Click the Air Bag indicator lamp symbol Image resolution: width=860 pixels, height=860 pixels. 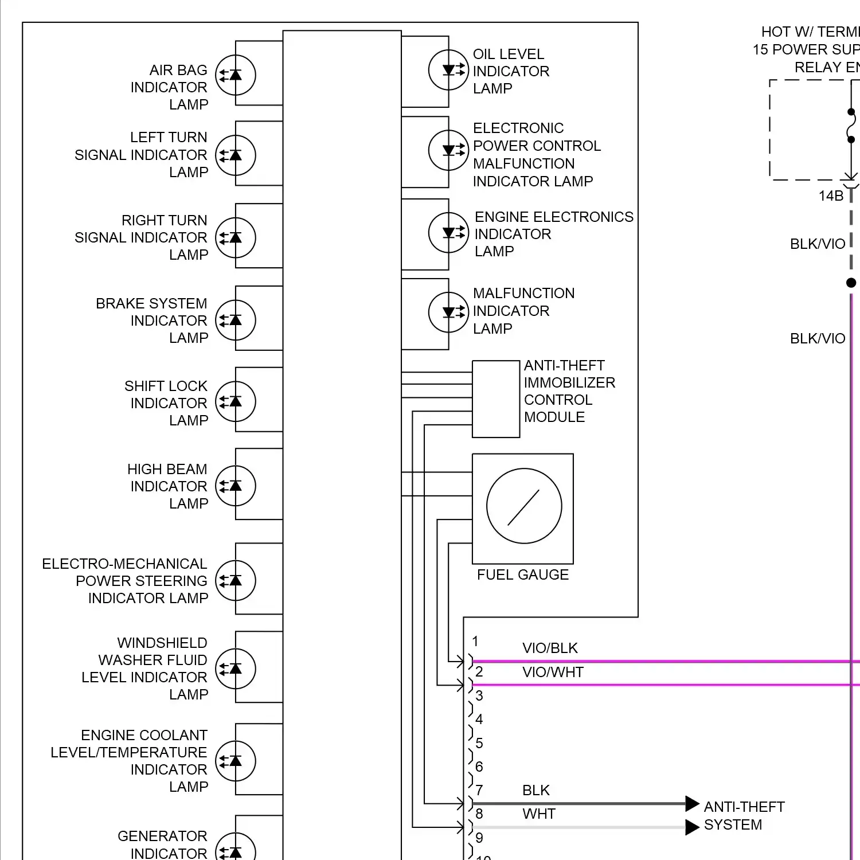pos(235,75)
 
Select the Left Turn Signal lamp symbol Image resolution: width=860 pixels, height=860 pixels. pos(235,155)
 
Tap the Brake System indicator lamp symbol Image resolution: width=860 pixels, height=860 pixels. pos(235,320)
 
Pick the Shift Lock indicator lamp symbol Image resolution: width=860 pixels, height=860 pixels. pos(235,402)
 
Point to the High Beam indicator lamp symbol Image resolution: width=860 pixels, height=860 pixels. pos(235,486)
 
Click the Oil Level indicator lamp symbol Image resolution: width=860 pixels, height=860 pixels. pos(449,71)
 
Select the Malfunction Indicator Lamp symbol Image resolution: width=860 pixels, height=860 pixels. pos(449,312)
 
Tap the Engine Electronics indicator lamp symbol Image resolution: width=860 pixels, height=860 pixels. pos(449,233)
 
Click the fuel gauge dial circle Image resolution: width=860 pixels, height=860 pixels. pos(524,506)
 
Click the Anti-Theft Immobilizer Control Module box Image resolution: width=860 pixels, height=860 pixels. pos(496,399)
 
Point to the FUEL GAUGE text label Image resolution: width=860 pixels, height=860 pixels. pos(523,575)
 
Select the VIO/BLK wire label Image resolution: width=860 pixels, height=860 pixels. pos(550,648)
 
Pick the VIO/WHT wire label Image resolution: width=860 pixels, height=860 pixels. pos(553,673)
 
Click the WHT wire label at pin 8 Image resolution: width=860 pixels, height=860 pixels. pos(539,814)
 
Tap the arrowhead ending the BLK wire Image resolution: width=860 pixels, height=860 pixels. pos(692,804)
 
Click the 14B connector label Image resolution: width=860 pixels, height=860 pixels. pos(831,196)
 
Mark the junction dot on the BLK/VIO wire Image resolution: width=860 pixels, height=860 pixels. pos(851,283)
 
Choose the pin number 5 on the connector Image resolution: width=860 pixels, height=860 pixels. pos(479,744)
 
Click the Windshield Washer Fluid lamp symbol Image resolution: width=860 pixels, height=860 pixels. pos(235,669)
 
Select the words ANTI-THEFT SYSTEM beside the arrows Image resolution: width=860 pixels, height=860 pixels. pos(744,816)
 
